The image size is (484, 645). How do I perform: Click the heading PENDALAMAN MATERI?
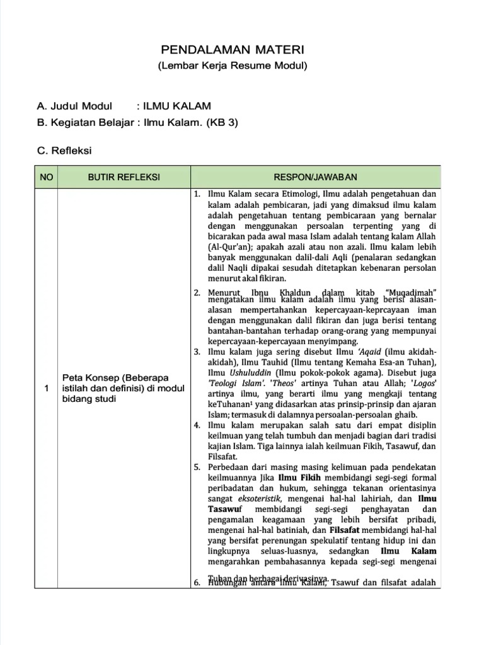[232, 50]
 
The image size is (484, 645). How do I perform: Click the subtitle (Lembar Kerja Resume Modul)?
[232, 66]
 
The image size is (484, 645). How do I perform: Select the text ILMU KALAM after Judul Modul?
[178, 106]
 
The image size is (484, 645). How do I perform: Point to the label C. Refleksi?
[65, 151]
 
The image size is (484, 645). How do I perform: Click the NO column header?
[46, 177]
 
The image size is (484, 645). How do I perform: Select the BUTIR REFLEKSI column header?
[124, 177]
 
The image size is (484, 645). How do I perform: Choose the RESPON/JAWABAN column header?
[315, 177]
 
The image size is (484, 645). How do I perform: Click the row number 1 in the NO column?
[46, 388]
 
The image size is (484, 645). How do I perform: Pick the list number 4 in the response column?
[197, 425]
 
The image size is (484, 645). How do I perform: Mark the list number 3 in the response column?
[197, 351]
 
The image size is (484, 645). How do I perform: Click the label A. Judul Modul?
[74, 106]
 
